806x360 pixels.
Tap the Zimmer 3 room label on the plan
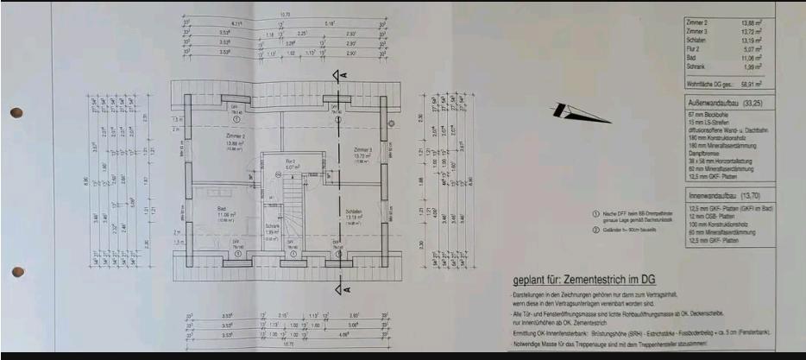[363, 148]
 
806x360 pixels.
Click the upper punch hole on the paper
[16, 113]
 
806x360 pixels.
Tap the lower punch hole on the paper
[16, 273]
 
